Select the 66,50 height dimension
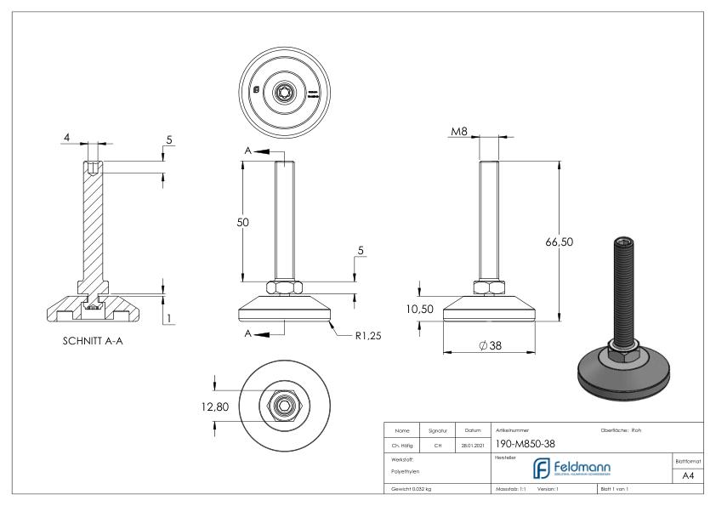click(x=559, y=242)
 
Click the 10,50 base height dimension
click(x=421, y=309)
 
